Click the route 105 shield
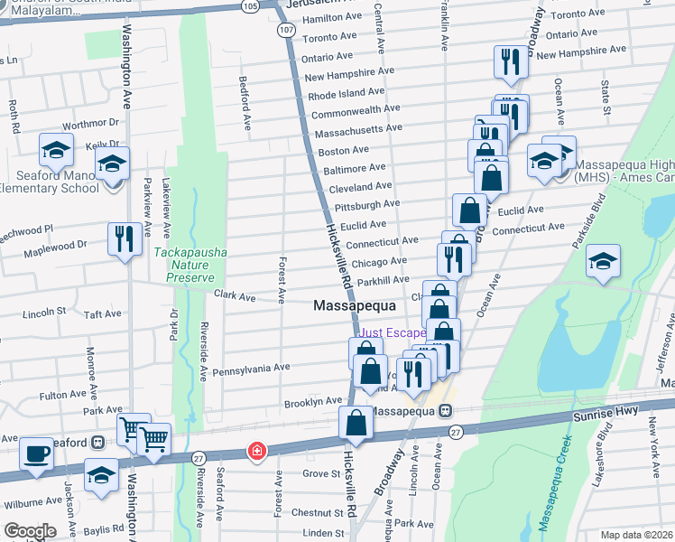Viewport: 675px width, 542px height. point(274,5)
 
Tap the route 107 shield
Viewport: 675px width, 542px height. point(285,30)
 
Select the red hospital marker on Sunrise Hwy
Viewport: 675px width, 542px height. point(257,450)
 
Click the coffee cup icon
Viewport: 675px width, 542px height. point(37,453)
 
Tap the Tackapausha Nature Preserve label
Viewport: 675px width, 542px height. point(190,266)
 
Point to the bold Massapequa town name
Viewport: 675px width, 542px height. point(356,306)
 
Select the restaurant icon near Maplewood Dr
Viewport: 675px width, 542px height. point(124,239)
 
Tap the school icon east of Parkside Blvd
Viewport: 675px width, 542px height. point(603,261)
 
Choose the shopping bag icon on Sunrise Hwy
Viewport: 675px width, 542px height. point(356,422)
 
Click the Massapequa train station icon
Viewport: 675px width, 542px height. point(445,410)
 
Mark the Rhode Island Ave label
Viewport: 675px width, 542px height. point(347,94)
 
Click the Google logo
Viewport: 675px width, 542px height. point(31,530)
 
